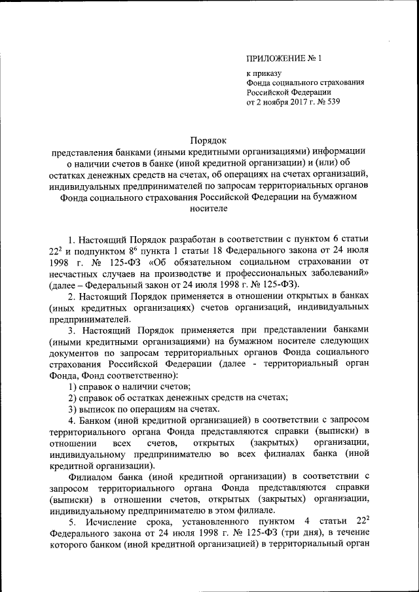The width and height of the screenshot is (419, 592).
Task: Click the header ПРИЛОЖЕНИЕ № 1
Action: [x=283, y=60]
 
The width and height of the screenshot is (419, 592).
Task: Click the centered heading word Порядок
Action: [x=208, y=140]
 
